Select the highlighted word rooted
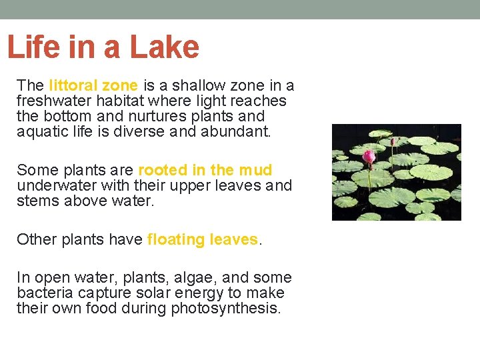point(161,170)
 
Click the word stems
point(37,201)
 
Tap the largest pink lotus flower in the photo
point(369,157)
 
